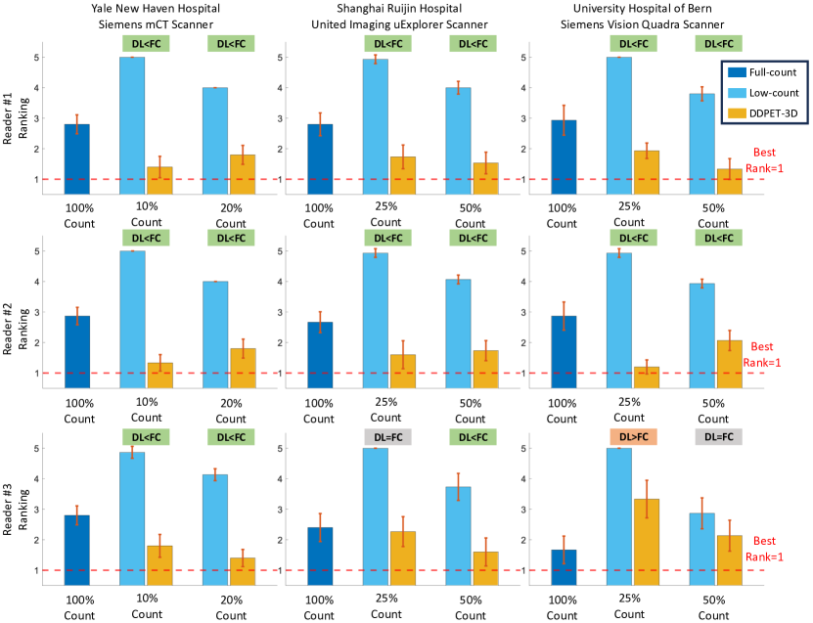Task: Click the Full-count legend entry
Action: coord(760,72)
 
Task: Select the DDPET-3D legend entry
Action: coord(760,112)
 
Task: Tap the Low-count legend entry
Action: coord(760,92)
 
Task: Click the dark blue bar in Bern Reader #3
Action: coord(563,567)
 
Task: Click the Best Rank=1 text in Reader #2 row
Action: coord(762,354)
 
